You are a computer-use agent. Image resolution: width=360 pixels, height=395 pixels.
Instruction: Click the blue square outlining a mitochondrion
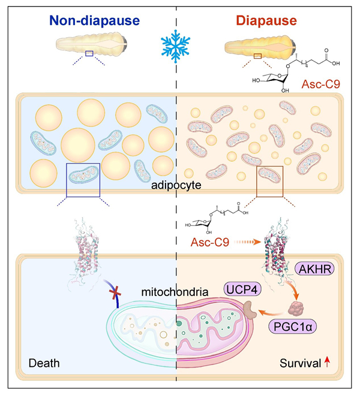pyautogui.click(x=83, y=180)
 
